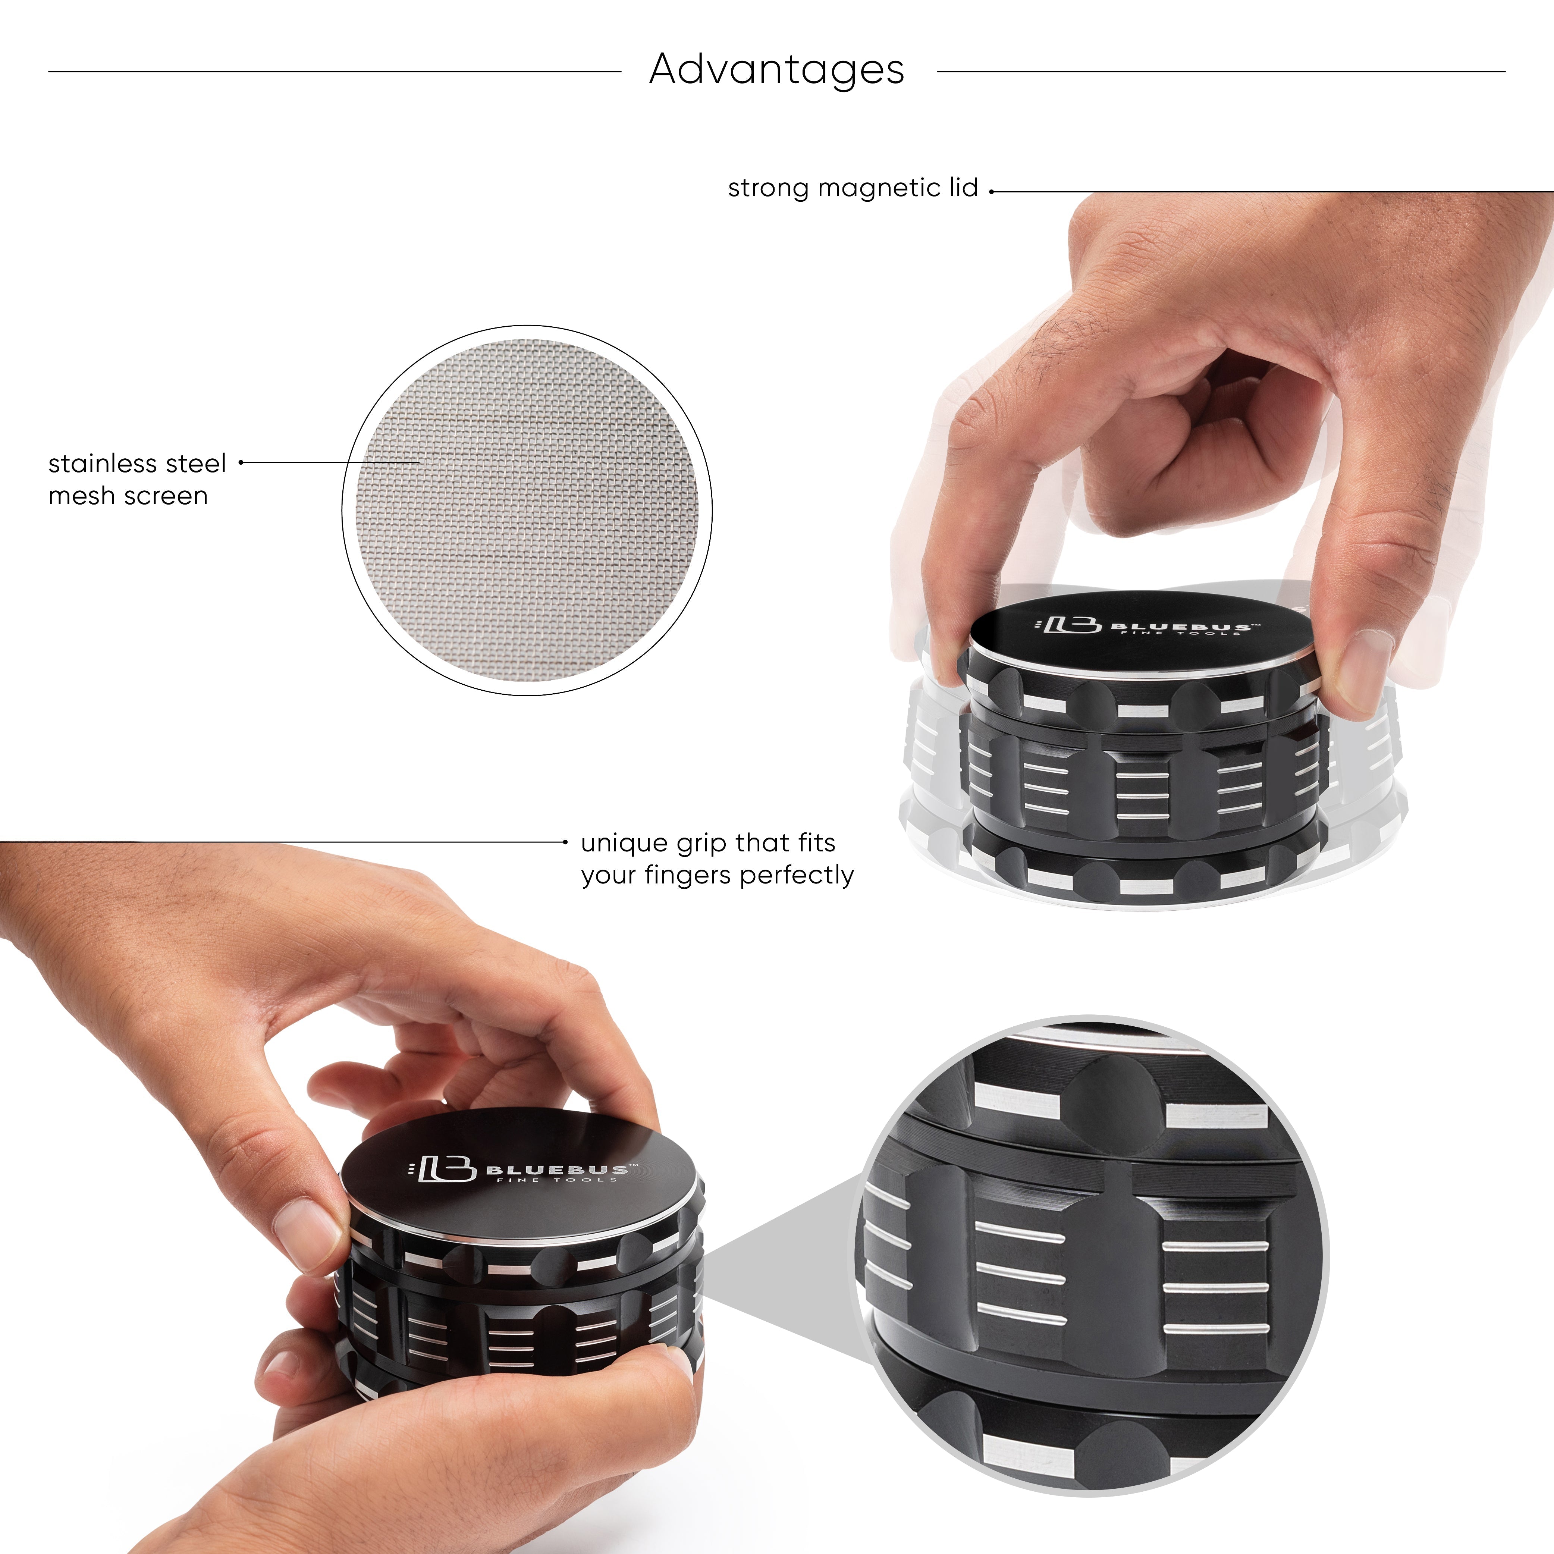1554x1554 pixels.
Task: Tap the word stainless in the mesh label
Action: point(103,464)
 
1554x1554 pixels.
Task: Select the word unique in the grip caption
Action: point(624,844)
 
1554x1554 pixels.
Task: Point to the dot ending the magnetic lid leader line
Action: point(992,191)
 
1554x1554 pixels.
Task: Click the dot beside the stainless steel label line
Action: point(241,462)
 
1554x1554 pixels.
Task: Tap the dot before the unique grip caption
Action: point(565,842)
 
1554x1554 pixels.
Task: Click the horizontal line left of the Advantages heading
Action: point(334,72)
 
